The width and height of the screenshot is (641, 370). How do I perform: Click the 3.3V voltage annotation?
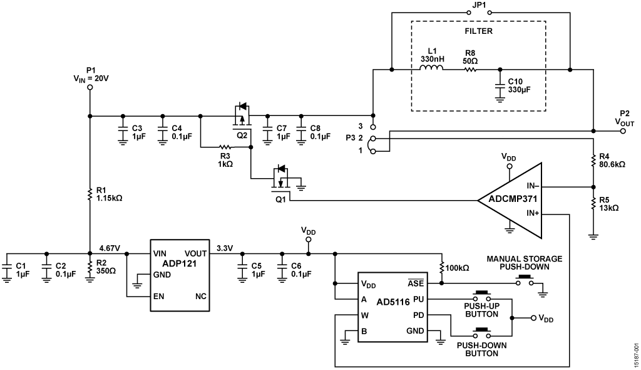(223, 248)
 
